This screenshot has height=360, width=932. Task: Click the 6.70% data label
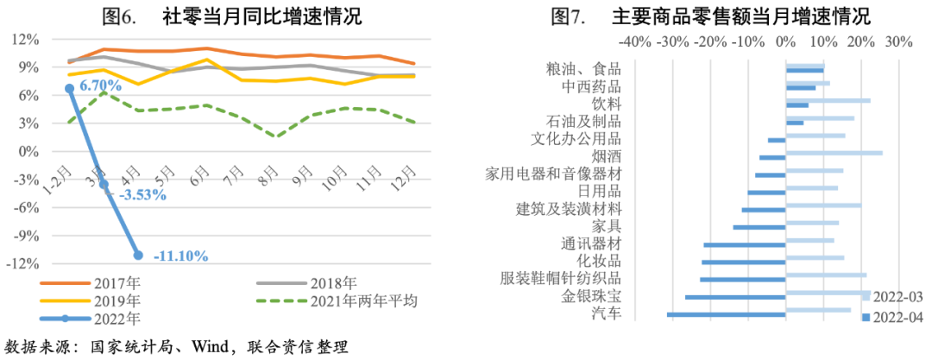[x=101, y=85]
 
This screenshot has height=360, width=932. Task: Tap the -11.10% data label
[x=180, y=256]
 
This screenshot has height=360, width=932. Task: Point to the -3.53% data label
[x=139, y=195]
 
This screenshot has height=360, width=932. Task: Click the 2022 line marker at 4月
[x=138, y=255]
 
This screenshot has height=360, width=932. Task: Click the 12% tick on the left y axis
[x=27, y=39]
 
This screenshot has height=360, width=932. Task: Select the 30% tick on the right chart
[x=898, y=41]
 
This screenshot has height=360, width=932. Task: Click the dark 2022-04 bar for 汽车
[x=726, y=314]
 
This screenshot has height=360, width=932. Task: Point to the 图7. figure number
[x=567, y=16]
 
